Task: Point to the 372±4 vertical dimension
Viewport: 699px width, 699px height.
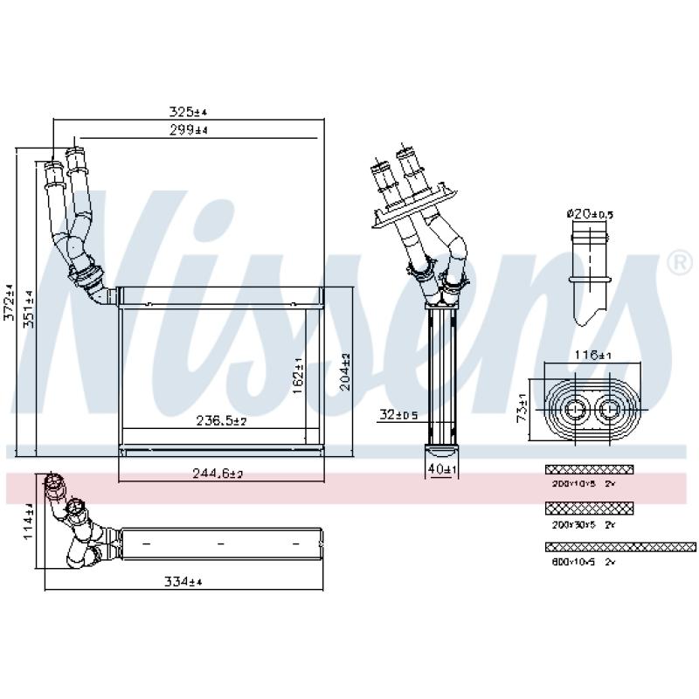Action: pos(10,301)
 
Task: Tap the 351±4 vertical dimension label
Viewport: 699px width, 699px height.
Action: pos(29,308)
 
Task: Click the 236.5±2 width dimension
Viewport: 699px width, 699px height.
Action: pos(221,421)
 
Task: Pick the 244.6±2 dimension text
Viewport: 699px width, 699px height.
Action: pos(217,474)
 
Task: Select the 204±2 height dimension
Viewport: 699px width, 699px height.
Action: pos(345,370)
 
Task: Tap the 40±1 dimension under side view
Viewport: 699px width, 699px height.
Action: pos(443,470)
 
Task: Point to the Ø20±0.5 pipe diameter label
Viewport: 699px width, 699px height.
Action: pos(591,213)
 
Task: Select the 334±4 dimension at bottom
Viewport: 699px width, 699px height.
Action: pos(184,582)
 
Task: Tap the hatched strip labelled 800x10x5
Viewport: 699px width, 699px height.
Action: pos(620,547)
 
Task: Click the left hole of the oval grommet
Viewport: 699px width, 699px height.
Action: pos(577,407)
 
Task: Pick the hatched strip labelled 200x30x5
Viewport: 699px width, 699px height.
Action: pos(589,508)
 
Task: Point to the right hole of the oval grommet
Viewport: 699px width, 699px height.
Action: pos(610,407)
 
